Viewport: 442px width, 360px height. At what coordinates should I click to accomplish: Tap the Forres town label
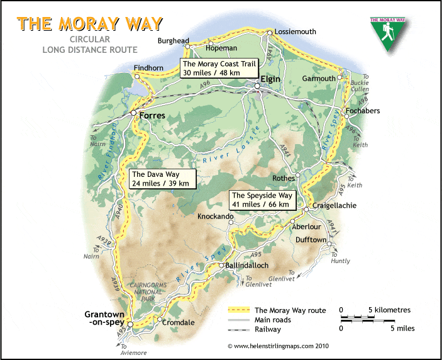coord(152,116)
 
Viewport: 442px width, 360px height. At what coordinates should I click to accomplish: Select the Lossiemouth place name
coord(296,31)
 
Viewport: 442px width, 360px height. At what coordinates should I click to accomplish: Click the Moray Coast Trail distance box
coord(213,68)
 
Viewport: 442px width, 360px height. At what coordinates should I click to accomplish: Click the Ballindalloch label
coord(248,266)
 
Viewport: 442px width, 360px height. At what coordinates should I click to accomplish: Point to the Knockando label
coord(215,216)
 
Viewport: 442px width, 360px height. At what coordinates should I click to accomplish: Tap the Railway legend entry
coord(268,329)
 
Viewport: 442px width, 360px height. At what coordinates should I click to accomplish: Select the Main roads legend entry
coord(273,320)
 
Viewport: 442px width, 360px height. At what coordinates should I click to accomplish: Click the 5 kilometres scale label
coord(388,310)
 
